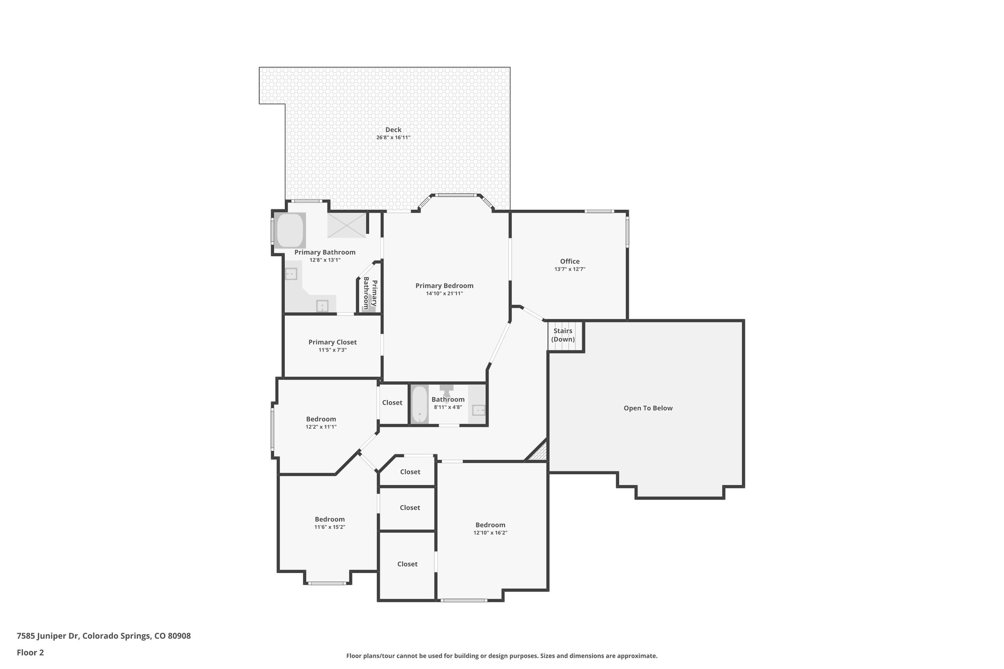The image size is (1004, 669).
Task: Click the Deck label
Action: tap(393, 130)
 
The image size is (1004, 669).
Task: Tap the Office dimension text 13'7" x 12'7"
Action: tap(570, 269)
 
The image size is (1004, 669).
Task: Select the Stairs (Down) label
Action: tap(563, 335)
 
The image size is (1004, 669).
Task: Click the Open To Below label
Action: tap(648, 408)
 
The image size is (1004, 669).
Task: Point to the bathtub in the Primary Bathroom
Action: tap(290, 230)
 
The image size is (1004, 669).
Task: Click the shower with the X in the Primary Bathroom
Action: tap(347, 225)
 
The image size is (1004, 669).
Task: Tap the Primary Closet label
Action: tap(332, 342)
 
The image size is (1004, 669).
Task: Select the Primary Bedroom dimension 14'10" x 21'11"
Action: tap(444, 294)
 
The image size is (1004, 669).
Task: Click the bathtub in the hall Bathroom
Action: tap(420, 405)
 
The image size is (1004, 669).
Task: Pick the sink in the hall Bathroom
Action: tap(478, 410)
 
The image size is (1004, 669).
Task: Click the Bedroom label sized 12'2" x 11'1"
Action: tap(321, 419)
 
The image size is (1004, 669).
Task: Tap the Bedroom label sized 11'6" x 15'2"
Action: tap(329, 519)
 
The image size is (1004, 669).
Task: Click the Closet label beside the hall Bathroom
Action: tap(392, 403)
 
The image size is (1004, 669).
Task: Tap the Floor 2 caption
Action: tap(30, 652)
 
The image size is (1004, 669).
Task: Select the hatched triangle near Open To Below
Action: tap(539, 452)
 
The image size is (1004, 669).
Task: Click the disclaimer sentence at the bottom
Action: tap(502, 656)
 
